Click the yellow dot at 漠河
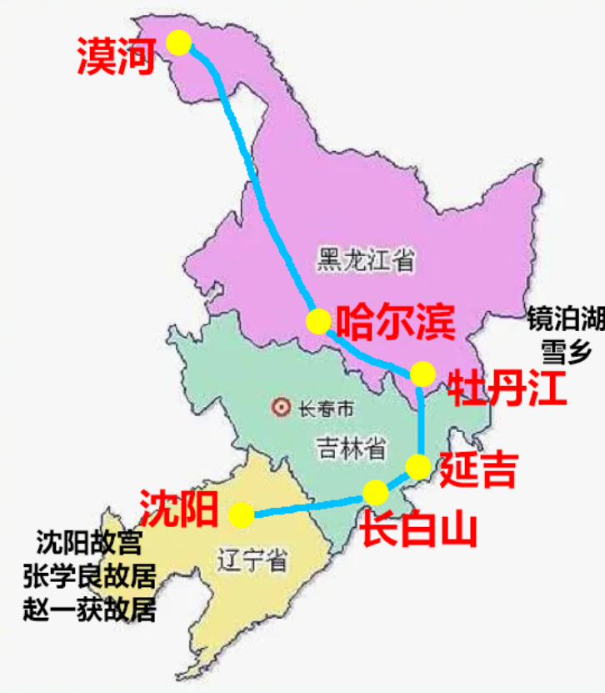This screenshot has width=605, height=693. click(178, 43)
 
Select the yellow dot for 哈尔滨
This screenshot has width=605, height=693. click(318, 321)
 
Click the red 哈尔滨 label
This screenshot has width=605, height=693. click(394, 321)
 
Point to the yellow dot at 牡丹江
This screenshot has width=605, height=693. click(422, 373)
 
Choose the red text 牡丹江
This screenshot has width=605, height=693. click(507, 388)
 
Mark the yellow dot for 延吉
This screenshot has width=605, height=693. click(419, 465)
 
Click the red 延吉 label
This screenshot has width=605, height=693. click(477, 469)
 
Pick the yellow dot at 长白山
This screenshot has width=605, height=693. click(376, 492)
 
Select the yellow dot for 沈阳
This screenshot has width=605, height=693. click(242, 515)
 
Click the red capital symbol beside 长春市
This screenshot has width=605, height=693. click(282, 409)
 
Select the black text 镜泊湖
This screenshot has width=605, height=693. click(564, 319)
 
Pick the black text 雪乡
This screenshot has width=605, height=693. click(566, 353)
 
